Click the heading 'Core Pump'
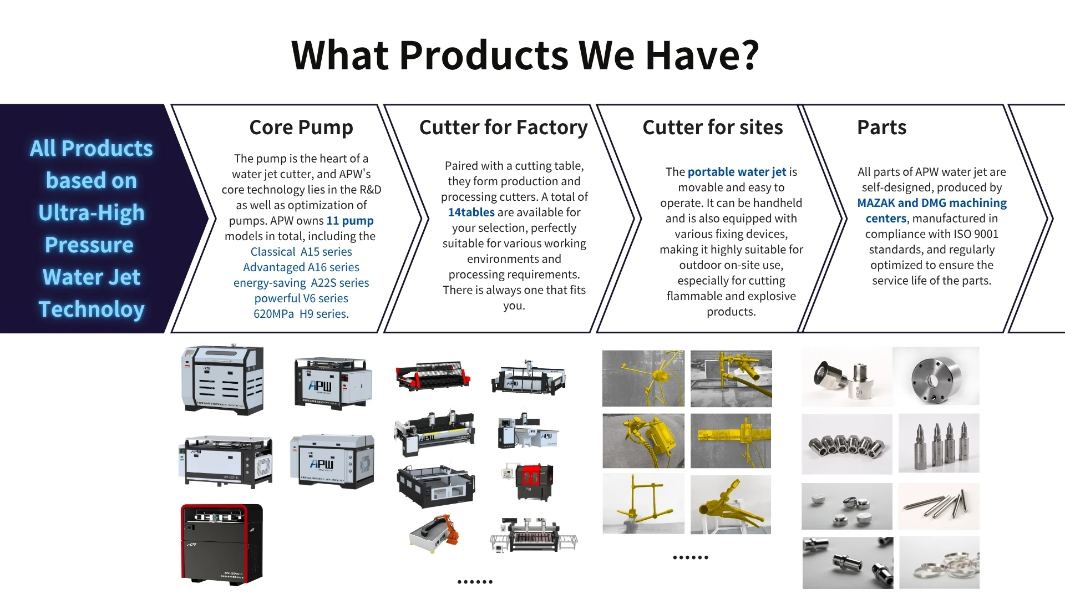pyautogui.click(x=301, y=128)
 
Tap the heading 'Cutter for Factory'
pyautogui.click(x=503, y=128)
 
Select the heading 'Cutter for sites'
pyautogui.click(x=713, y=128)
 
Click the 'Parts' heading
pyautogui.click(x=882, y=128)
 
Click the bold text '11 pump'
pyautogui.click(x=350, y=221)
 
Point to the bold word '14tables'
pyautogui.click(x=471, y=212)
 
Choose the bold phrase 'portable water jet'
pyautogui.click(x=737, y=172)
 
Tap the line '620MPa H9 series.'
pyautogui.click(x=301, y=314)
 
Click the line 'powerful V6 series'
pyautogui.click(x=301, y=298)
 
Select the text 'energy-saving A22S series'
pyautogui.click(x=301, y=283)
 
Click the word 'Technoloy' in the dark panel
pyautogui.click(x=92, y=309)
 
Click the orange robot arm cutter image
pyautogui.click(x=435, y=534)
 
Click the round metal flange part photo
pyautogui.click(x=936, y=376)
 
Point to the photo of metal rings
pyautogui.click(x=939, y=562)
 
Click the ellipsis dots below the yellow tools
pyautogui.click(x=691, y=557)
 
